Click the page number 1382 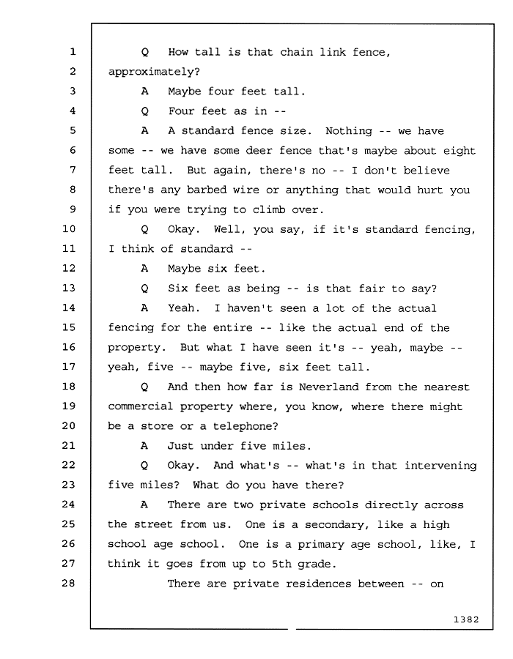466,619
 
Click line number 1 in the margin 73,52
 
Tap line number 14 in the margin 69,308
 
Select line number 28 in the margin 69,583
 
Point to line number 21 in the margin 69,445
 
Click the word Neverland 328,387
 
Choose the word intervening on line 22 440,466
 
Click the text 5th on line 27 281,564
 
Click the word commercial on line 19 141,406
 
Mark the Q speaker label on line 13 144,288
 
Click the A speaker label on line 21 144,445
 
